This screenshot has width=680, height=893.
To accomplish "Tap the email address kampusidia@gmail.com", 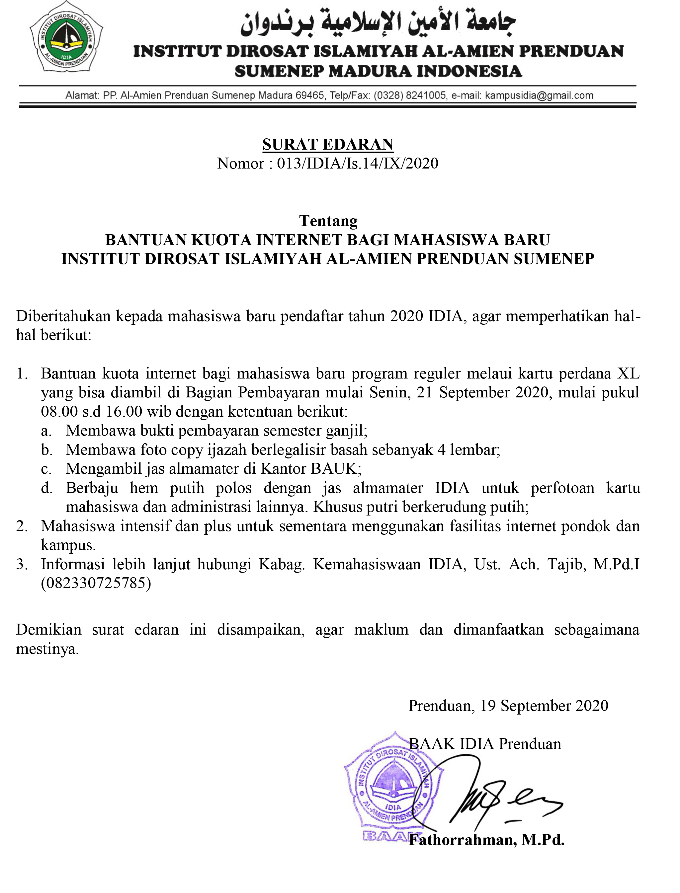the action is point(539,96).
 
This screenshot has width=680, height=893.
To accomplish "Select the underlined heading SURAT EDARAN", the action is point(328,144).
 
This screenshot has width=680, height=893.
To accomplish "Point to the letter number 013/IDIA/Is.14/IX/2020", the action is point(357,164).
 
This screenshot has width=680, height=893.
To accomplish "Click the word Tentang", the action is point(328,221).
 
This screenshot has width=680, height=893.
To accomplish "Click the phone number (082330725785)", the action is point(96,583).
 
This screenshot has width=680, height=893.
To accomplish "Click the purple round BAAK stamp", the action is point(392,789).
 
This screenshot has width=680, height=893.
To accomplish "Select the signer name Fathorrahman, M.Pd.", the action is point(486,840).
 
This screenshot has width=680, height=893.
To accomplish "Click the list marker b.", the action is point(46,450).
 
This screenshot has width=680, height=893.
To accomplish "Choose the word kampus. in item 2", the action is point(68,545).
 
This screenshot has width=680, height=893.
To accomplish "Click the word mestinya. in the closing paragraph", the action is point(47,649).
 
